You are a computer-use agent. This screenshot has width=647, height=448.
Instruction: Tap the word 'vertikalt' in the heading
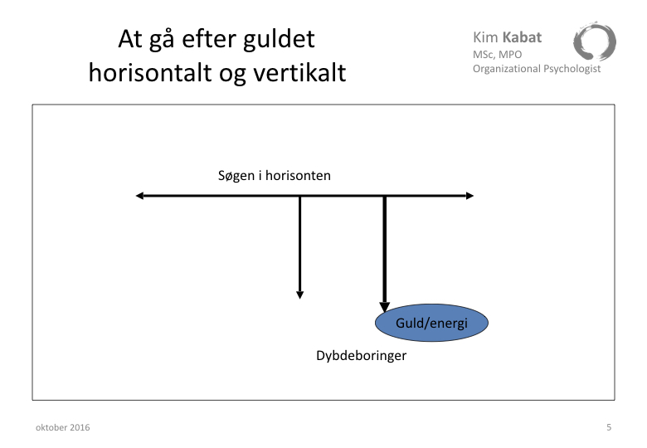point(299,73)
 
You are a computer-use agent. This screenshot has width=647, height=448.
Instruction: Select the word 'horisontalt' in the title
point(150,73)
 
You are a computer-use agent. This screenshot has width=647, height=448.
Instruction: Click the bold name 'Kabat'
point(522,37)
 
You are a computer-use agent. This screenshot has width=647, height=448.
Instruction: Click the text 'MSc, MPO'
point(497,55)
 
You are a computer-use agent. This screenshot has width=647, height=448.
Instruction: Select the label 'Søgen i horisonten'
point(275,176)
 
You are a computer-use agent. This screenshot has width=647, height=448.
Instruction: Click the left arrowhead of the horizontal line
point(140,196)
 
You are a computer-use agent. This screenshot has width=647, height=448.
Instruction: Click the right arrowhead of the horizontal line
point(469,196)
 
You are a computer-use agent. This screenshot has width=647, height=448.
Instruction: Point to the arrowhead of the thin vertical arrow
point(300,295)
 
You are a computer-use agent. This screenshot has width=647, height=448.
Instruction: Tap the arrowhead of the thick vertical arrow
point(385,307)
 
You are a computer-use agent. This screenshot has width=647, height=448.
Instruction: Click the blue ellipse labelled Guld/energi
point(431,323)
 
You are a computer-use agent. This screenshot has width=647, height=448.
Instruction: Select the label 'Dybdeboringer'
point(362,356)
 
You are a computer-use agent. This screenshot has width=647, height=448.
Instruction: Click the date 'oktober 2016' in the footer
point(63,427)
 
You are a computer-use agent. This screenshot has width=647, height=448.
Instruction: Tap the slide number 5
point(609,427)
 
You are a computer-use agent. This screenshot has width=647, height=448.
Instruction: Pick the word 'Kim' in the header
point(485,37)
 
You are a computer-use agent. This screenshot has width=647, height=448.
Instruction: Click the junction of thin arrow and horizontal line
point(300,196)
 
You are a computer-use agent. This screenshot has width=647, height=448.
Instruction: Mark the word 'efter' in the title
point(208,39)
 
